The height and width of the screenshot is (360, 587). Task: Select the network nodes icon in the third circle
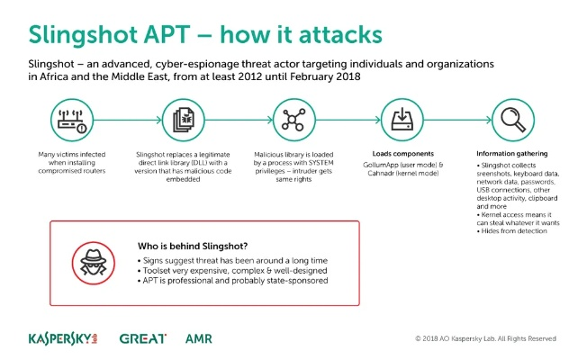point(291,119)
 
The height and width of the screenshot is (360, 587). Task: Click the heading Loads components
point(399,152)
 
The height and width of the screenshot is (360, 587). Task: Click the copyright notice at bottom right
point(485,339)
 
